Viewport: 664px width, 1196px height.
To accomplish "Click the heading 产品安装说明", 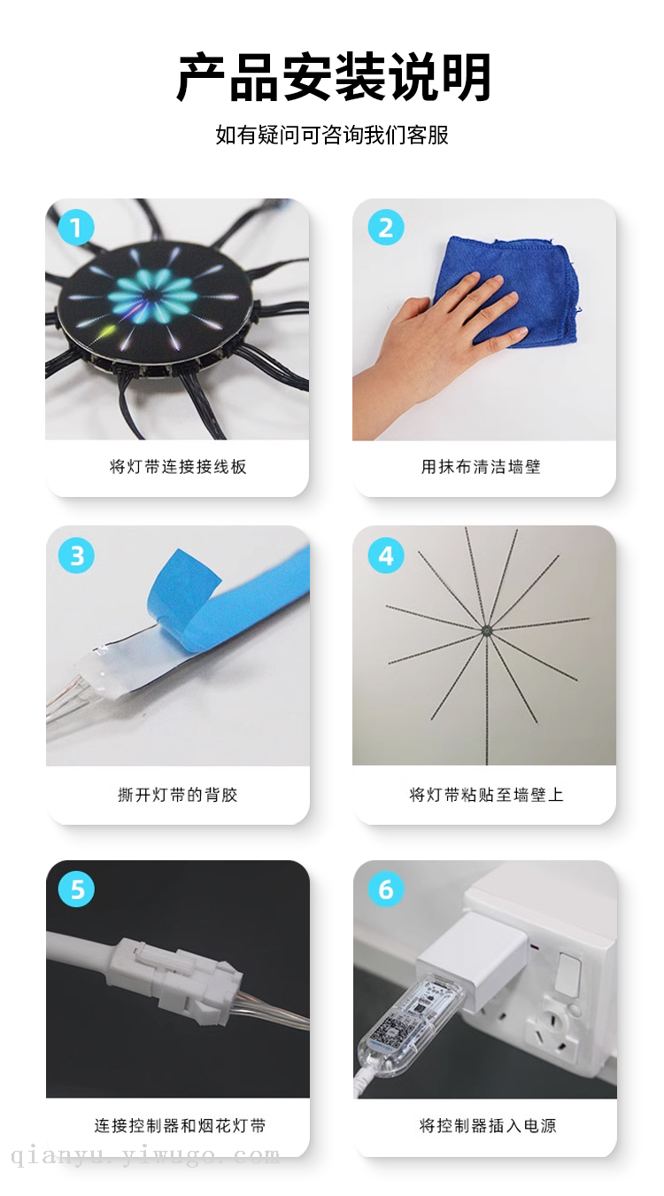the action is [x=333, y=77].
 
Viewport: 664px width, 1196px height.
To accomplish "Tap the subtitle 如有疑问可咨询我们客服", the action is [x=332, y=135].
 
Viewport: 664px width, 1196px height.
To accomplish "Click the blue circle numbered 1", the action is [x=76, y=228].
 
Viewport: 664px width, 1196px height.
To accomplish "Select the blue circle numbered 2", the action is [x=386, y=228].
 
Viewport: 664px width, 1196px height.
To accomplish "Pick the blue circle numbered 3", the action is [x=76, y=555].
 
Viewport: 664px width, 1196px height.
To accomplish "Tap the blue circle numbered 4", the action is [x=386, y=555].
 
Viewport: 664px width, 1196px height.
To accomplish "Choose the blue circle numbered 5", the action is [x=76, y=889].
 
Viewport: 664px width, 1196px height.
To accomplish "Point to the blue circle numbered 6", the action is [x=386, y=889].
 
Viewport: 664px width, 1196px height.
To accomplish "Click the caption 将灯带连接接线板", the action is [x=178, y=467].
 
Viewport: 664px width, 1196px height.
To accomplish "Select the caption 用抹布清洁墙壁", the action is [x=481, y=467].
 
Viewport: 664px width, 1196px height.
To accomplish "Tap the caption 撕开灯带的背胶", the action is [x=178, y=795].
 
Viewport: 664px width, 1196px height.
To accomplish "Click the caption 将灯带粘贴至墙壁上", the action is [x=486, y=795].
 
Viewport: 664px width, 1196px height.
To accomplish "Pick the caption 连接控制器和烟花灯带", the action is [x=180, y=1125].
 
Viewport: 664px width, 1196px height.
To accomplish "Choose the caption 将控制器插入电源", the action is [x=488, y=1125].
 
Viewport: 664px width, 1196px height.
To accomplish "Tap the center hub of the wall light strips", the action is [x=486, y=631].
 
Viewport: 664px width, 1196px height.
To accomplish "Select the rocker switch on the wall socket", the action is [x=567, y=975].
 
